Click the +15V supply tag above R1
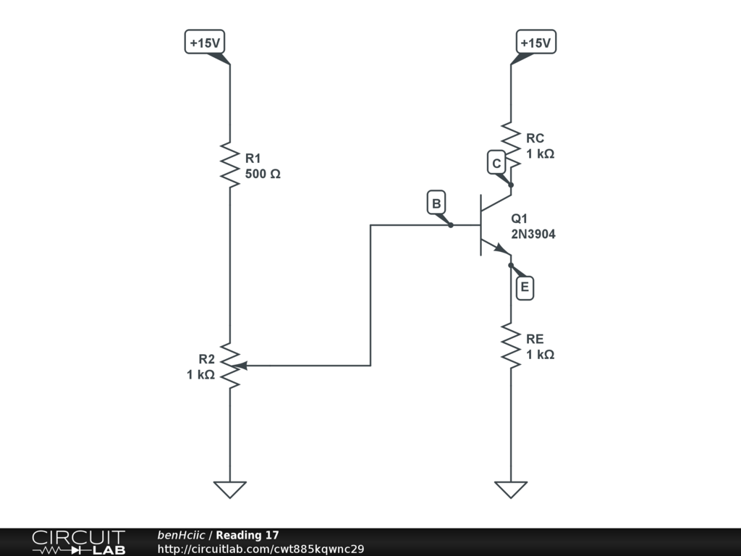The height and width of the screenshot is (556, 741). click(205, 43)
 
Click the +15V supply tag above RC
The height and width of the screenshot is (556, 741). click(535, 43)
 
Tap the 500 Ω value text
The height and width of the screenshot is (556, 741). click(263, 174)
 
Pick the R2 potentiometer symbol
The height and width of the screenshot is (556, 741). click(230, 366)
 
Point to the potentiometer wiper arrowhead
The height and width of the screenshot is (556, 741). click(242, 366)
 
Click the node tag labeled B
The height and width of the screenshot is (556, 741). click(436, 203)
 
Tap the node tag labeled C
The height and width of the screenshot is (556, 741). click(496, 164)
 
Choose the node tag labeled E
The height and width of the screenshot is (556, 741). click(525, 288)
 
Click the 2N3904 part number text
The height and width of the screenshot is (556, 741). click(533, 234)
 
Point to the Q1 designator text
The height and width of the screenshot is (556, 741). click(520, 219)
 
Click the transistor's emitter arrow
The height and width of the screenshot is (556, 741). click(501, 248)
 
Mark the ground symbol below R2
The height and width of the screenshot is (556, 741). click(230, 489)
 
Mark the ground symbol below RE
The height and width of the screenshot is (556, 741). click(511, 489)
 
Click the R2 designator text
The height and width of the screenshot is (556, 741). click(206, 359)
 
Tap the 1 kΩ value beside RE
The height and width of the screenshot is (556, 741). click(541, 355)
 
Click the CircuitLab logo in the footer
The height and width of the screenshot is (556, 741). click(78, 542)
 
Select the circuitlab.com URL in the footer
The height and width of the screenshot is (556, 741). click(261, 549)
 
